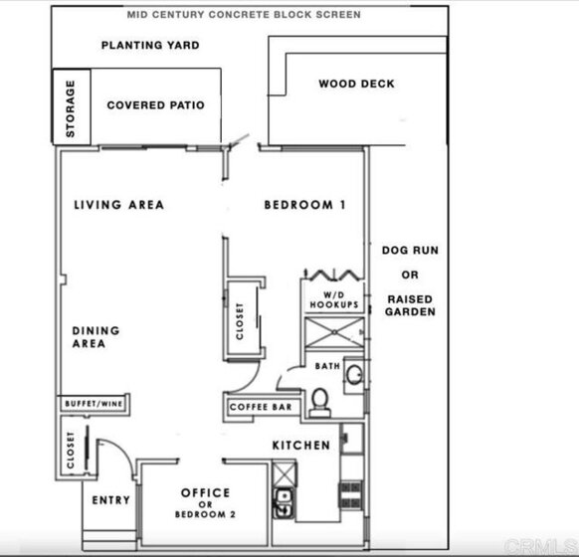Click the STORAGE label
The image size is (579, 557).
coord(71,108)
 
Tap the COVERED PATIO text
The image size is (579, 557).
coord(155,105)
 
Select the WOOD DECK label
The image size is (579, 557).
coord(357,84)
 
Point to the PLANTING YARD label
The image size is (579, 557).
coord(150,45)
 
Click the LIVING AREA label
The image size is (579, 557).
coord(119,205)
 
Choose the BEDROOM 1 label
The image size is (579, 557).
coord(305,205)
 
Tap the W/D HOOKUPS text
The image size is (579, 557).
coord(334,299)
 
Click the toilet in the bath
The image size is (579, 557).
coord(319,403)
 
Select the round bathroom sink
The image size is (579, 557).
coord(355,374)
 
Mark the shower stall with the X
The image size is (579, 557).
coord(334,332)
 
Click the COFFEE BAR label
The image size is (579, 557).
coord(261,407)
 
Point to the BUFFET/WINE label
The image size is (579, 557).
coord(94,404)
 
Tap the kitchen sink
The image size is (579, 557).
coord(284,503)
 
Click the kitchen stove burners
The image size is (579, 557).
coord(351,495)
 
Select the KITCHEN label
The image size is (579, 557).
coord(301,446)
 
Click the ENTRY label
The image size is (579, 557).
coord(110,500)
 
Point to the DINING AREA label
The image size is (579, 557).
coord(96,337)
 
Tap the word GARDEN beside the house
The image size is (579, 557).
coord(410,312)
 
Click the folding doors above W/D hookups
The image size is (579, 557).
coord(334,275)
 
